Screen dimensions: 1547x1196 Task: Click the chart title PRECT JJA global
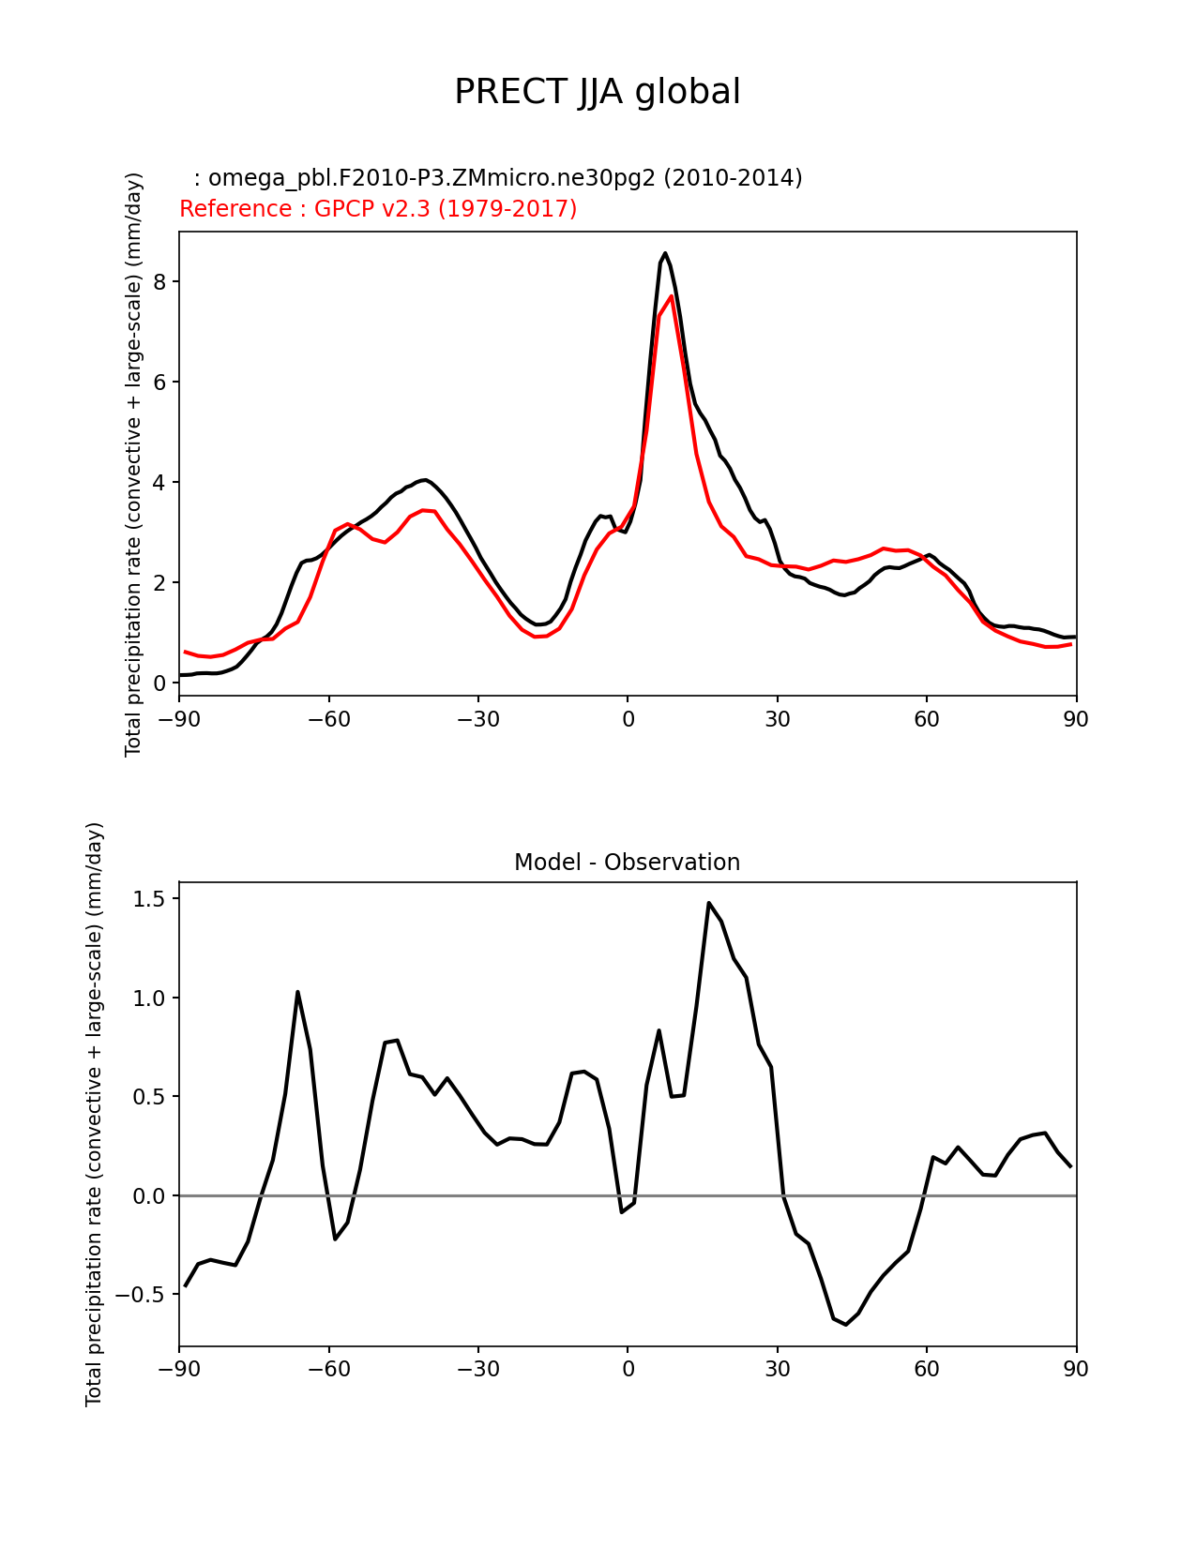click(598, 93)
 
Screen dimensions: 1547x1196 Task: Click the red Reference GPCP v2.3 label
click(378, 209)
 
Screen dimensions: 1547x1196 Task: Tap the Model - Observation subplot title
click(627, 863)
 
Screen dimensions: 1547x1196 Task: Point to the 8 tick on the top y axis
click(159, 282)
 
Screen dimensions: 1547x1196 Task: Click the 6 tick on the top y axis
click(159, 383)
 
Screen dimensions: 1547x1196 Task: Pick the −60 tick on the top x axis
click(328, 719)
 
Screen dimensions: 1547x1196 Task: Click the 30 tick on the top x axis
click(777, 719)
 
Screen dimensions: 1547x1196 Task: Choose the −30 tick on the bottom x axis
click(477, 1370)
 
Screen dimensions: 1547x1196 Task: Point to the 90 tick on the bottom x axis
click(1076, 1370)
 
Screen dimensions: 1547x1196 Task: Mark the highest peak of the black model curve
click(665, 253)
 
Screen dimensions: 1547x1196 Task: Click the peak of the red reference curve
click(672, 296)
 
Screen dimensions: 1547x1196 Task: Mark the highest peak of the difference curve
click(709, 903)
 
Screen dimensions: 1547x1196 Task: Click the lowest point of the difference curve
click(846, 1325)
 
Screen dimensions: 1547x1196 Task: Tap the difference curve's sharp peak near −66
click(297, 992)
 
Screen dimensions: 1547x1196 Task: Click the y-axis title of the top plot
click(133, 464)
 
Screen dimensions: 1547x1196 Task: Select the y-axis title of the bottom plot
click(94, 1114)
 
